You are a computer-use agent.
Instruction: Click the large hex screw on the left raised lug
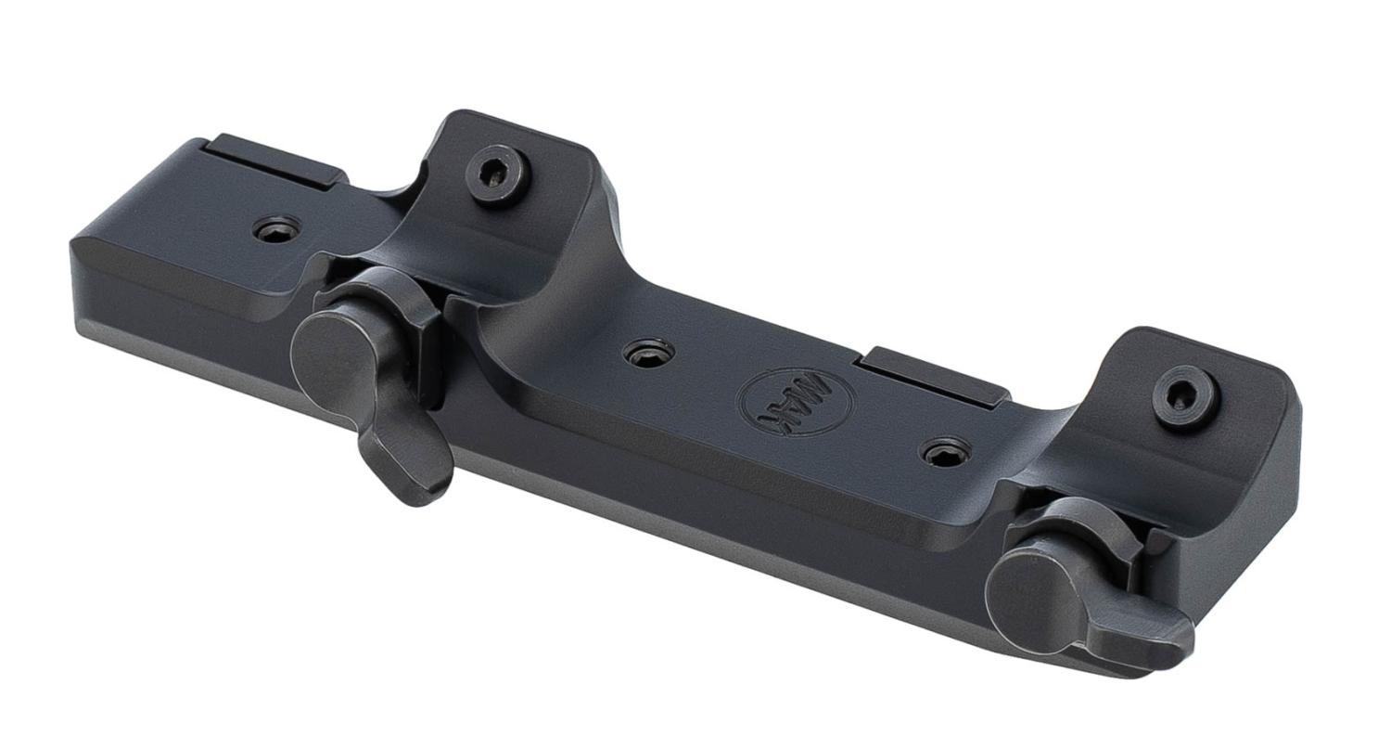(494, 176)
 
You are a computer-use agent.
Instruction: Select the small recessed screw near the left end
(277, 230)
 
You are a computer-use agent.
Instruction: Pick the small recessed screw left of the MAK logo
(649, 353)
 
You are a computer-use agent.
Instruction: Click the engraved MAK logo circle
(795, 401)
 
